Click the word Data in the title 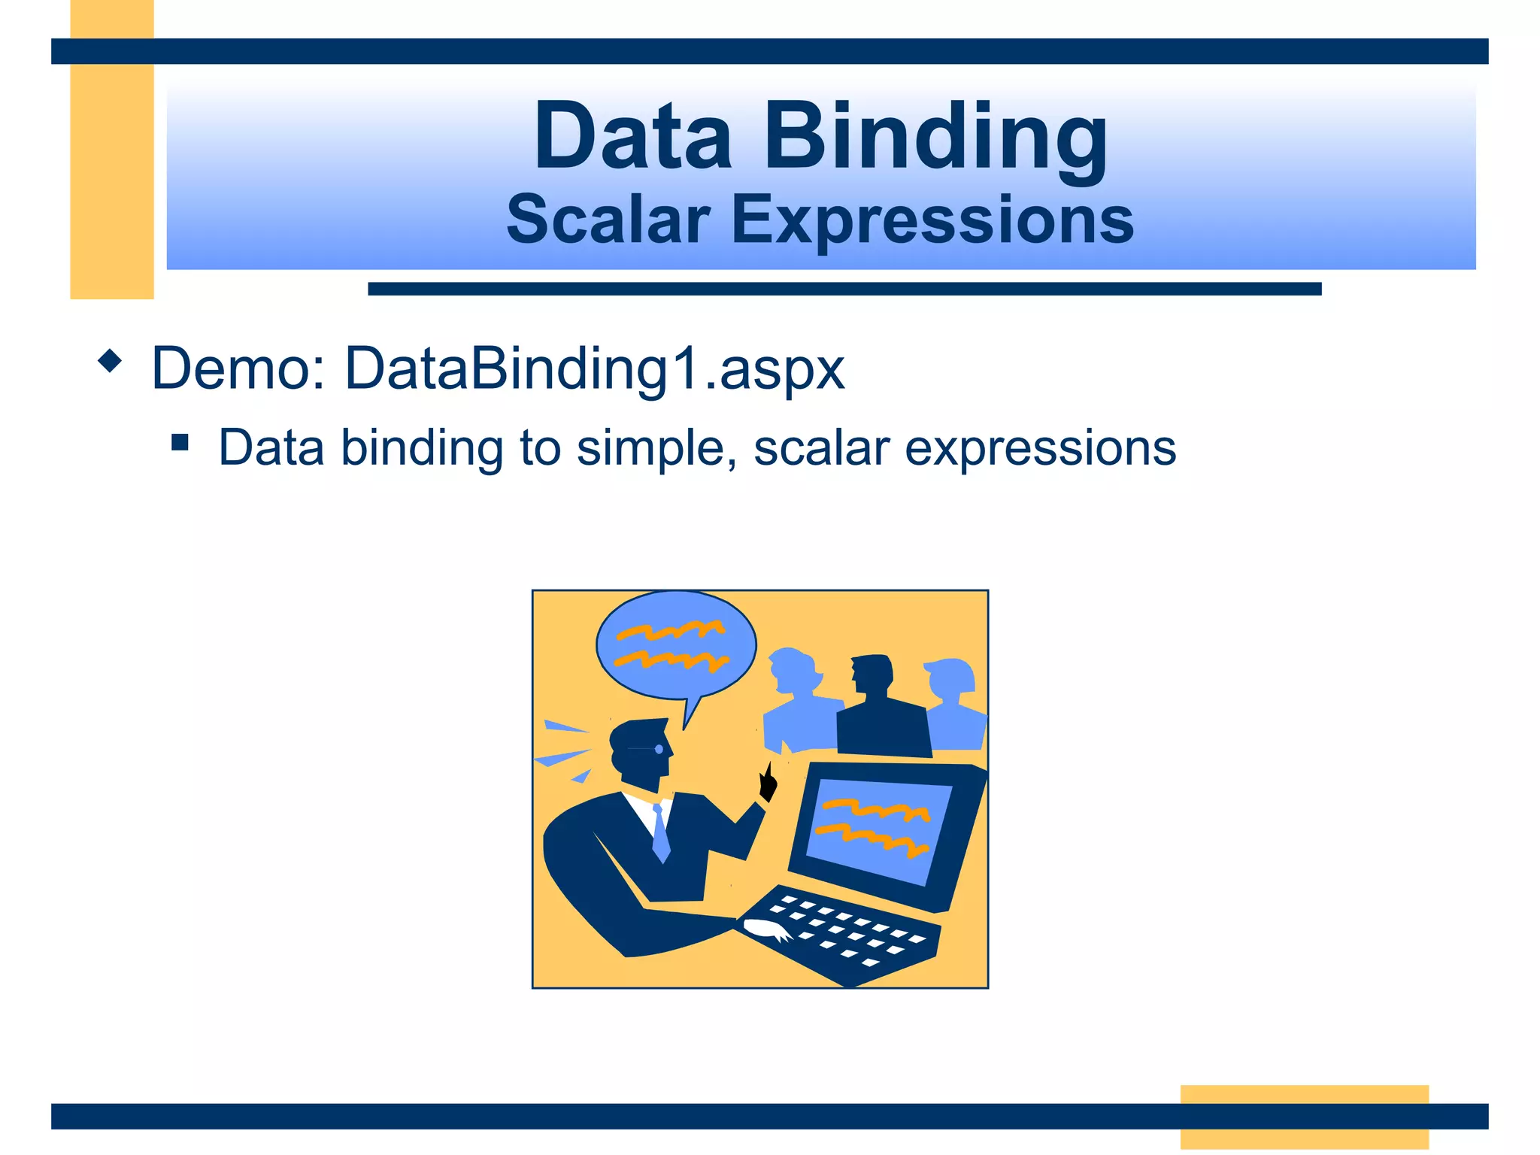632,137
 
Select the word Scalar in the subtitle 608,220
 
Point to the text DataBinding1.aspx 594,368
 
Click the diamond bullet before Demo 110,362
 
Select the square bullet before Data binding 180,441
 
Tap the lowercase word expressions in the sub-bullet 1040,449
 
